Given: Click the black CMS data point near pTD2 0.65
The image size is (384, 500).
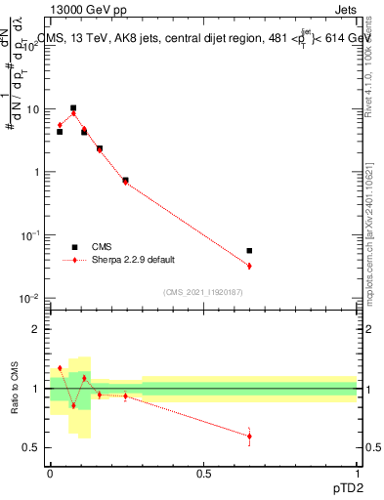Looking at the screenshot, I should (x=249, y=251).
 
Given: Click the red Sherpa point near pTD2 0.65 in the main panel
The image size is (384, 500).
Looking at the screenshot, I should (x=249, y=266).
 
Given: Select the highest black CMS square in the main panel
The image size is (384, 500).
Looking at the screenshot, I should (x=73, y=108).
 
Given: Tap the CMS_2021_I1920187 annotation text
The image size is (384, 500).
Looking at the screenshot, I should (x=203, y=291).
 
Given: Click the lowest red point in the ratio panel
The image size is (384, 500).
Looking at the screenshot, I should (x=249, y=437).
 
